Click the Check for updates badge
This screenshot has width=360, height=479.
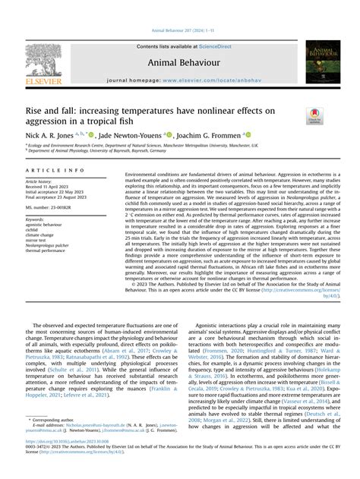[x=314, y=115]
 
